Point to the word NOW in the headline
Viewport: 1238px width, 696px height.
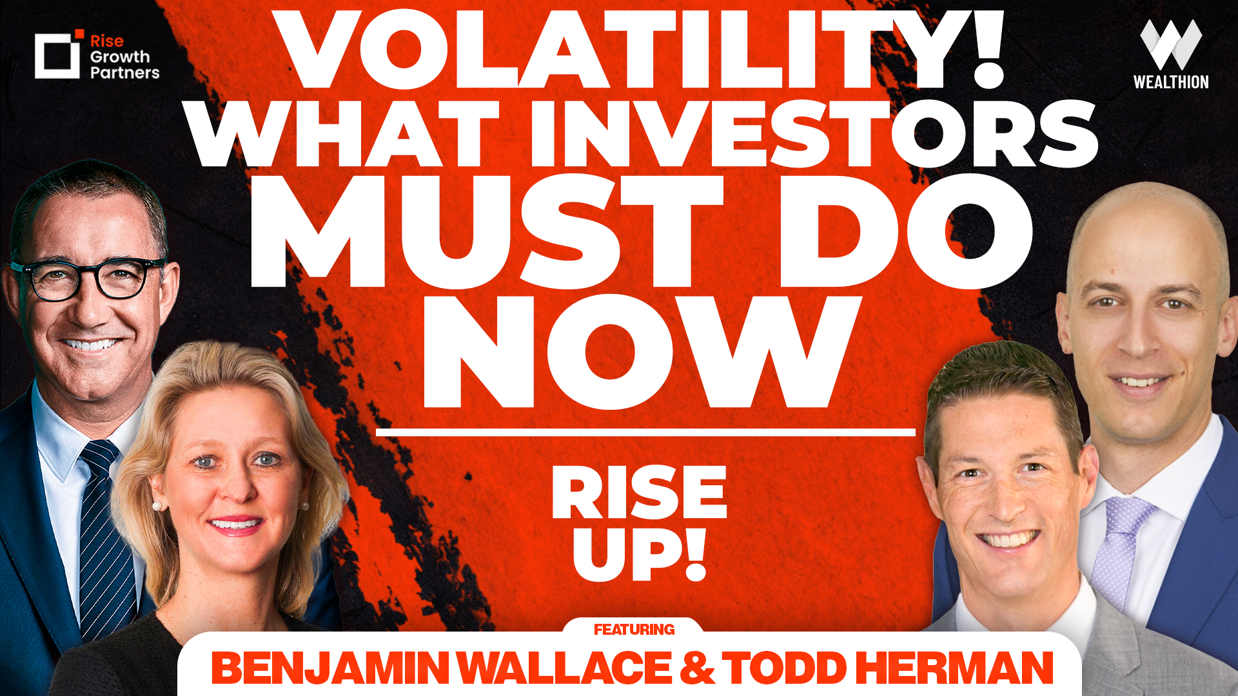coord(642,351)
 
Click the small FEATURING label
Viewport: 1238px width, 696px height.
coord(634,629)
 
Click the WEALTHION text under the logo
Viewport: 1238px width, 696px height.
coord(1170,82)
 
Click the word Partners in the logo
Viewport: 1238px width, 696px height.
coord(124,72)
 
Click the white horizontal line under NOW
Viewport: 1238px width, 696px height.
coord(645,432)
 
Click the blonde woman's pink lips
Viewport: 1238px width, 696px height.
coord(236,525)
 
